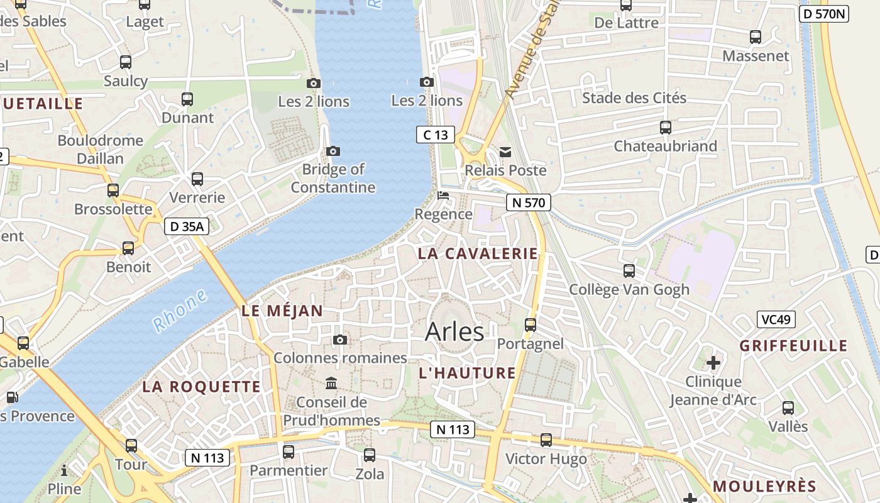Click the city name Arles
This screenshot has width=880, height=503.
(x=454, y=331)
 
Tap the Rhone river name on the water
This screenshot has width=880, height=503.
(x=180, y=311)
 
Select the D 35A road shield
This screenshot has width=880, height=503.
(x=187, y=226)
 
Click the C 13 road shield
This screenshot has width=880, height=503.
(x=435, y=134)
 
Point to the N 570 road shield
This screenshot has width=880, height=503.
(x=529, y=202)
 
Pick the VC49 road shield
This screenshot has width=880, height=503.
(x=776, y=319)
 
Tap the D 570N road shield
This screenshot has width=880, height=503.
(x=824, y=14)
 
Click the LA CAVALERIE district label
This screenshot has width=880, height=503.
(x=478, y=253)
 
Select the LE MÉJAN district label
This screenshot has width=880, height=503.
(x=282, y=311)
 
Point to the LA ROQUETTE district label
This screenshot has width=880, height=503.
(x=201, y=387)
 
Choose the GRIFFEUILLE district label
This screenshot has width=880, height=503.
(x=793, y=346)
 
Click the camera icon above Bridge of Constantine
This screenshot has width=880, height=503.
(x=333, y=152)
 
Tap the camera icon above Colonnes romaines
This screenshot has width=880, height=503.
(x=340, y=340)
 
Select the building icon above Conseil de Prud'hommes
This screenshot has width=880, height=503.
(x=331, y=384)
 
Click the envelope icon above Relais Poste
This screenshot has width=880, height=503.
(x=505, y=152)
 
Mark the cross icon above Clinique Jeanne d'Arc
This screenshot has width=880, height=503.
(x=713, y=363)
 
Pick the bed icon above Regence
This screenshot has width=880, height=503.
(x=443, y=196)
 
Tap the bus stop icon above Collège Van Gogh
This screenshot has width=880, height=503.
(x=629, y=271)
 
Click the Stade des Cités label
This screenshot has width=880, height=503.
(x=634, y=97)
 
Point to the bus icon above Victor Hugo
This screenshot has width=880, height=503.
(x=546, y=440)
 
